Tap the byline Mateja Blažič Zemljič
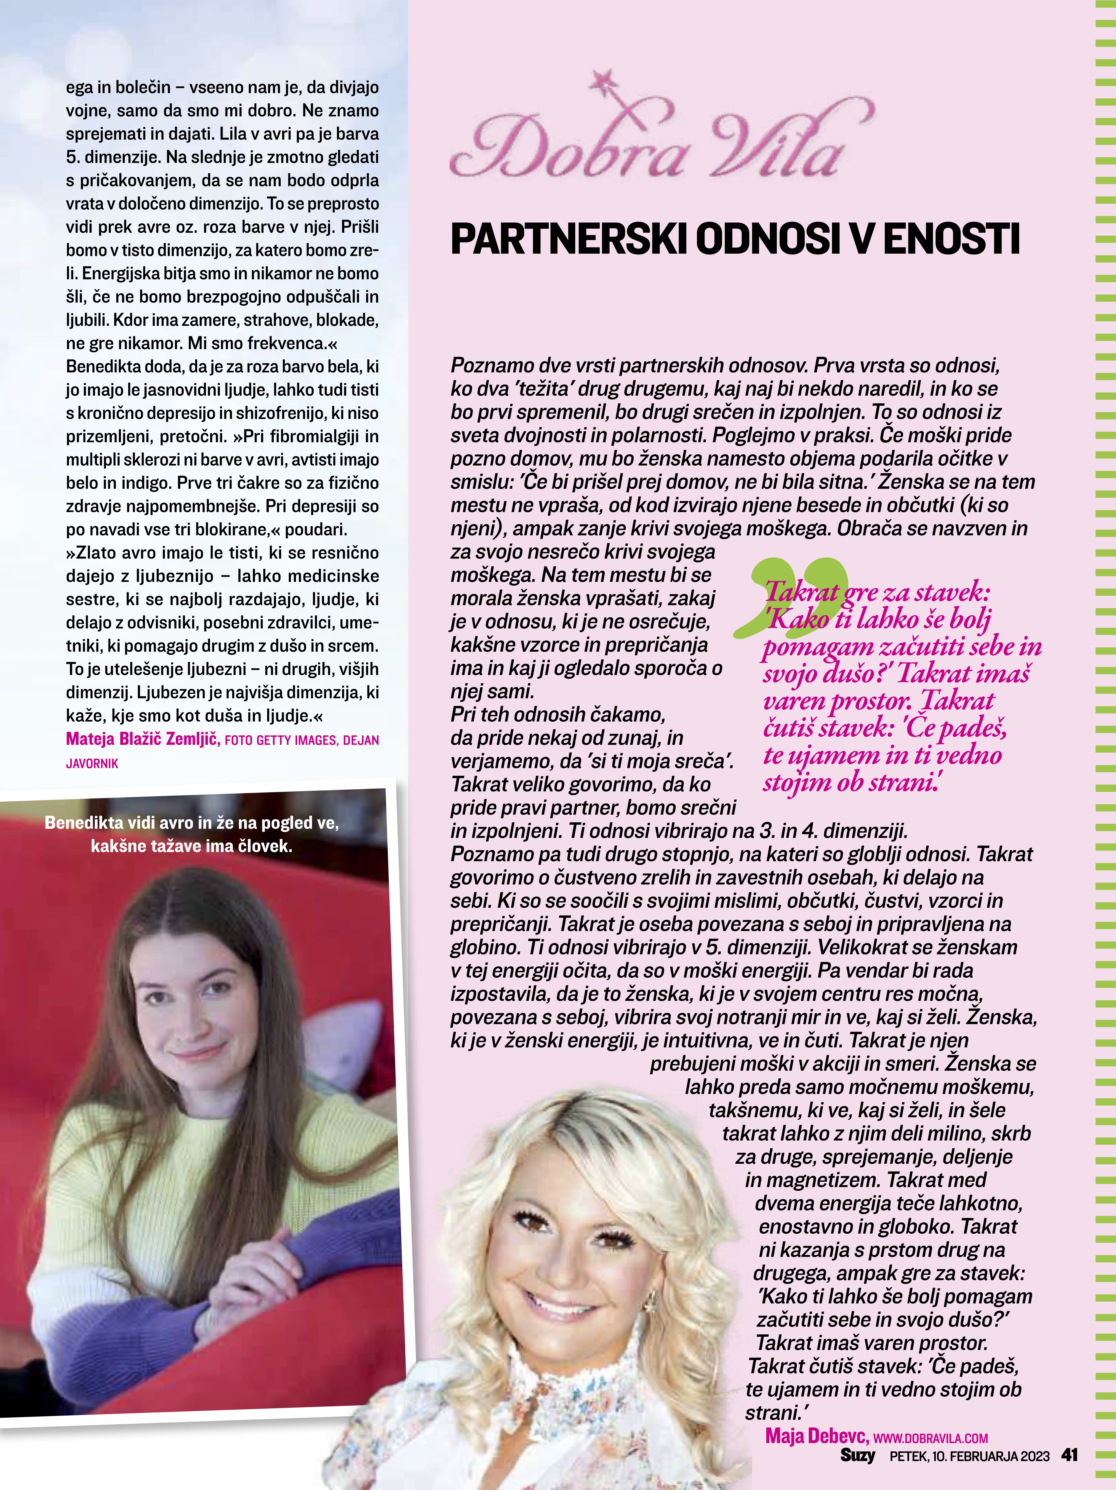click(x=143, y=739)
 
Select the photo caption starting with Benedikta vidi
click(x=192, y=834)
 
